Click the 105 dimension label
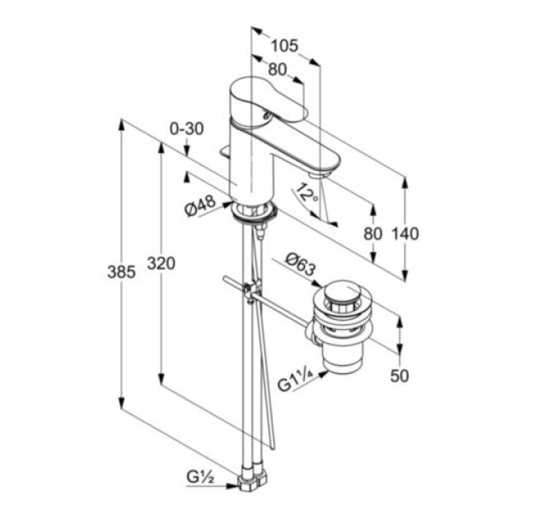point(284,46)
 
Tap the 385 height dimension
point(121,272)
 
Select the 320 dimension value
point(161,264)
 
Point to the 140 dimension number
point(405,234)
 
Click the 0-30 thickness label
point(186,129)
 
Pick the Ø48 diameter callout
point(200,206)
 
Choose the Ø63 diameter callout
point(301,264)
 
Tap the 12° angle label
point(306,192)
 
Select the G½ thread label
point(200,477)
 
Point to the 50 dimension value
point(399,376)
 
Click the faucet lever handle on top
point(268,102)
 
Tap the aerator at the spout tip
point(319,174)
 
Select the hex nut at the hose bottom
point(252,483)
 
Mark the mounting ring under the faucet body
point(254,213)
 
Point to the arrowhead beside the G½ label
point(232,486)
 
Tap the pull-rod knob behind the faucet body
point(225,152)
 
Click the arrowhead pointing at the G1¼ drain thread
point(323,373)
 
